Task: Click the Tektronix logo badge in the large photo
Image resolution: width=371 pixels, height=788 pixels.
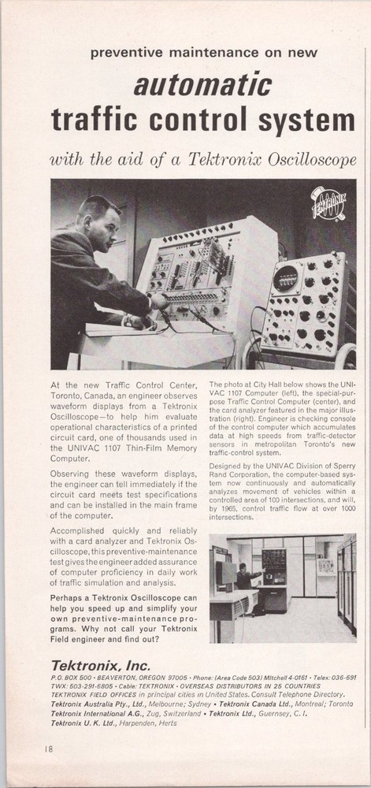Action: [x=328, y=204]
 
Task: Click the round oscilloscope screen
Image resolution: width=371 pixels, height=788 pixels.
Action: [x=285, y=278]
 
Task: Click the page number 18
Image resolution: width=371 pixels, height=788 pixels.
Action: [x=49, y=749]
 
